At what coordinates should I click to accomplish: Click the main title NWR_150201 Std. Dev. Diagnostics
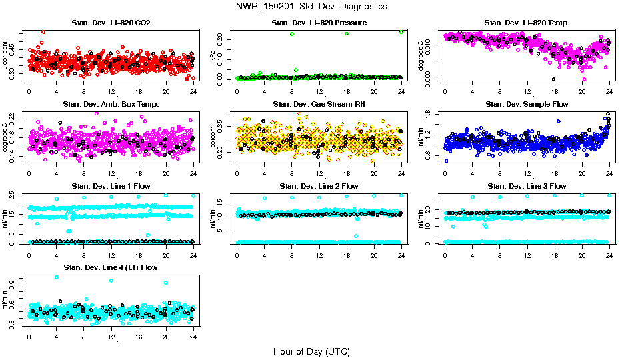coord(311,6)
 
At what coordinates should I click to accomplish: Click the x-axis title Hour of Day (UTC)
coord(311,351)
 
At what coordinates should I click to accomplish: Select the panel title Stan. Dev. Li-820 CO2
coord(111,23)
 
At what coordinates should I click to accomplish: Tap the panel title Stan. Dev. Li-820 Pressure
coord(319,23)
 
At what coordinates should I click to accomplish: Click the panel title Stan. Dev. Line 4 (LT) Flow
coord(111,267)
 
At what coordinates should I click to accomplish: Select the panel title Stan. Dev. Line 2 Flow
coord(319,186)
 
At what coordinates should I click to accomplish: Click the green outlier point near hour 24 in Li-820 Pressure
coord(401,32)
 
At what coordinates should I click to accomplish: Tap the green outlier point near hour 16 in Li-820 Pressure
coord(347,33)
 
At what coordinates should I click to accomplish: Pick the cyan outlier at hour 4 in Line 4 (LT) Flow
coord(56,277)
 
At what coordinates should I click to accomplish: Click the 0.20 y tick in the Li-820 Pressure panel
coord(222,33)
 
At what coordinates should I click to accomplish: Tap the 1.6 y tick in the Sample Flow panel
coord(431,113)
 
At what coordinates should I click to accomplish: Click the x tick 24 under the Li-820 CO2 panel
coord(193,92)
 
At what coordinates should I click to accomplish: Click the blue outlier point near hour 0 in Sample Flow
coord(446,161)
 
